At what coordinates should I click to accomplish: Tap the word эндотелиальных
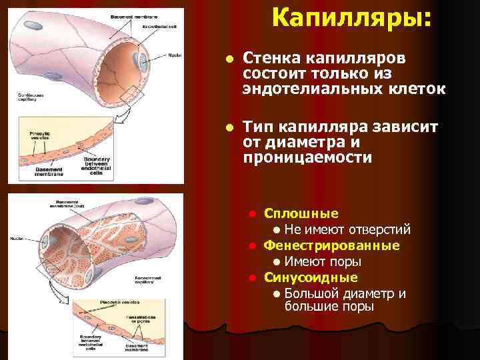coord(317,89)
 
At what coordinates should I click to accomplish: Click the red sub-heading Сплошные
coord(301,214)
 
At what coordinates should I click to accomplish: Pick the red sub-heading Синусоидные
coord(311,277)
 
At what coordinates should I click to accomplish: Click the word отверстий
coord(383,230)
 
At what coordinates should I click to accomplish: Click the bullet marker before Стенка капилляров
coord(229,59)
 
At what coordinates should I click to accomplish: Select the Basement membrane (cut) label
coord(72,204)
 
